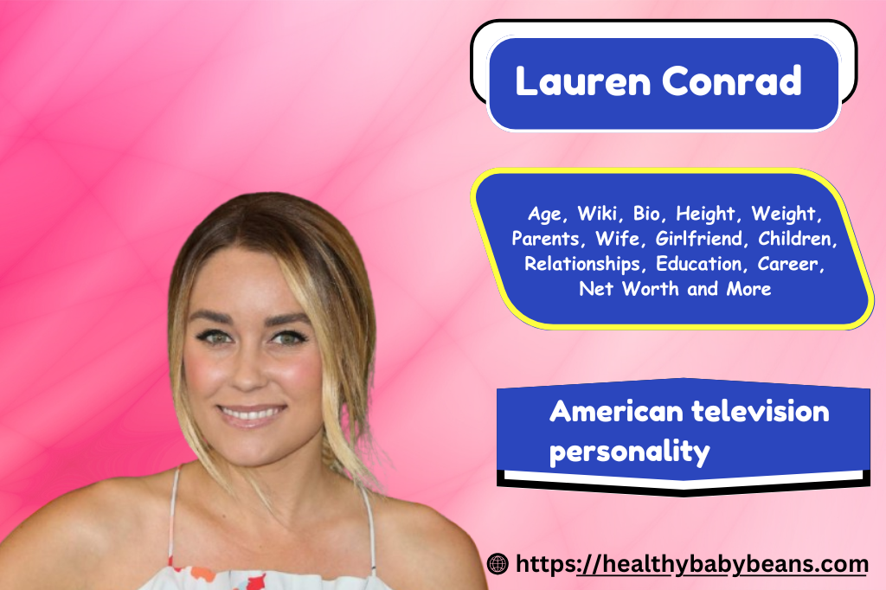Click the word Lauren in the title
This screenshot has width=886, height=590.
583,80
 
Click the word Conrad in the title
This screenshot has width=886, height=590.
732,80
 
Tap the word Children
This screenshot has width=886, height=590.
797,239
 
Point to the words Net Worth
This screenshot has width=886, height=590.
629,289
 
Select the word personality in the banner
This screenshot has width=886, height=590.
630,452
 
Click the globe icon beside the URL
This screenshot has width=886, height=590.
498,563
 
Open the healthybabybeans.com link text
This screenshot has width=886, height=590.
691,565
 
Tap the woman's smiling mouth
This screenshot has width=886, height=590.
252,415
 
